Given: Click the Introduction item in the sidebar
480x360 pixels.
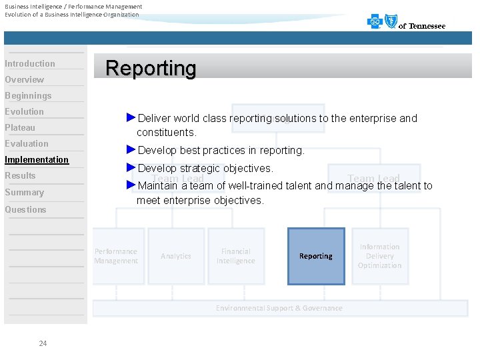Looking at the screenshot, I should [x=30, y=64].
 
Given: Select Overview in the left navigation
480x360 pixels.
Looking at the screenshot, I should [x=25, y=80].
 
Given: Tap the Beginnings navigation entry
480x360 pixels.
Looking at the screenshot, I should [x=28, y=96].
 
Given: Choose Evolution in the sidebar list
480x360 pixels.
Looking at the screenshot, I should [x=25, y=112].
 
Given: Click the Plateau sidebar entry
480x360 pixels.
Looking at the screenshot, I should [x=20, y=128].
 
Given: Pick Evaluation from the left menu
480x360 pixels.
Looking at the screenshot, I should [x=27, y=144].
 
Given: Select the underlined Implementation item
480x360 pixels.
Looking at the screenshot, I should [x=37, y=160].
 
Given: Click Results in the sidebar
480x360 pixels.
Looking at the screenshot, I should [x=20, y=176].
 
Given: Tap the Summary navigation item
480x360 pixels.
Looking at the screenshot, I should [x=24, y=193].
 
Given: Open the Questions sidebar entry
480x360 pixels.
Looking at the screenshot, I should [x=25, y=210].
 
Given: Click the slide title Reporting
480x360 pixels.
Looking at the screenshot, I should [x=151, y=68].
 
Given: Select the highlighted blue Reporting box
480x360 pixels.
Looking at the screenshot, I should [x=316, y=256].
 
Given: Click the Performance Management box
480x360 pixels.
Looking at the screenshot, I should [x=117, y=256].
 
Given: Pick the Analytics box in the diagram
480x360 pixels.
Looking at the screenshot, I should [x=176, y=256].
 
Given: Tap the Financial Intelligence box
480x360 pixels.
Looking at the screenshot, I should [x=236, y=256].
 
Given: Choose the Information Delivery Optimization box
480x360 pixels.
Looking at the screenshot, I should [x=379, y=256].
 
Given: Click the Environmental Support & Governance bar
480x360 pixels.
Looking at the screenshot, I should [x=279, y=308].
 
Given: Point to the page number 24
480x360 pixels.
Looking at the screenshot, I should [x=43, y=343].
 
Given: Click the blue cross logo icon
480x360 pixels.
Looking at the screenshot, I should [x=375, y=23].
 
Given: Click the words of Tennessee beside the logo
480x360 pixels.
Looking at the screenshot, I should [x=422, y=26].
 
